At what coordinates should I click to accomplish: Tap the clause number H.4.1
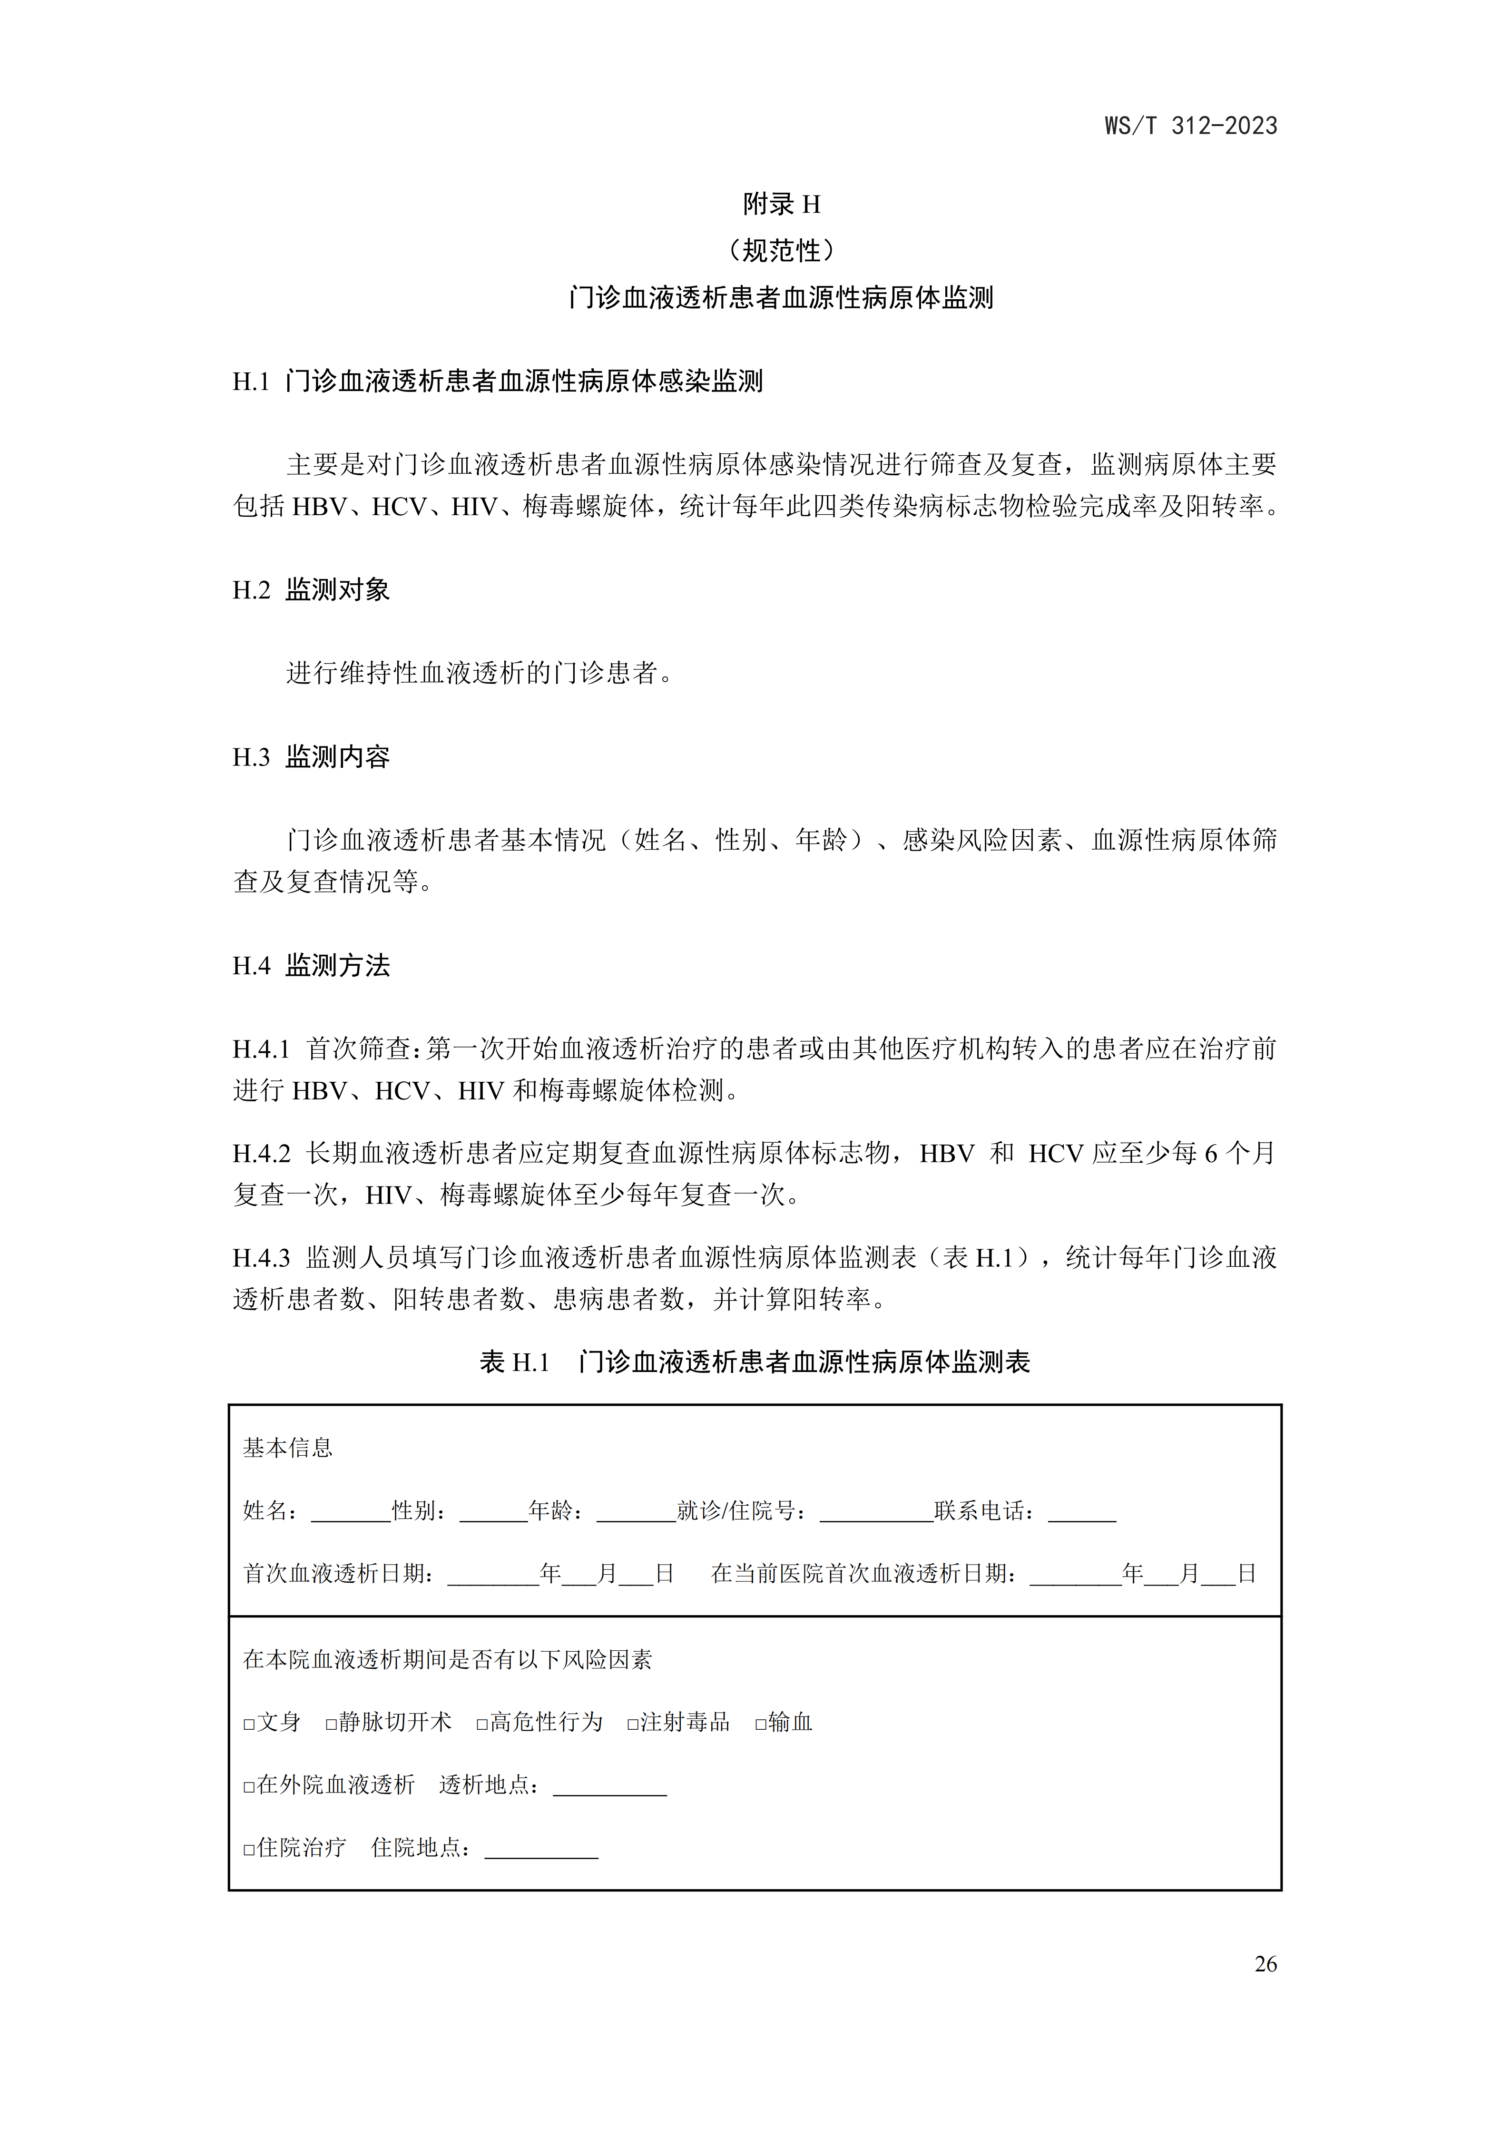click(x=261, y=1049)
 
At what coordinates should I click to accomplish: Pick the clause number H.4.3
click(x=261, y=1258)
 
